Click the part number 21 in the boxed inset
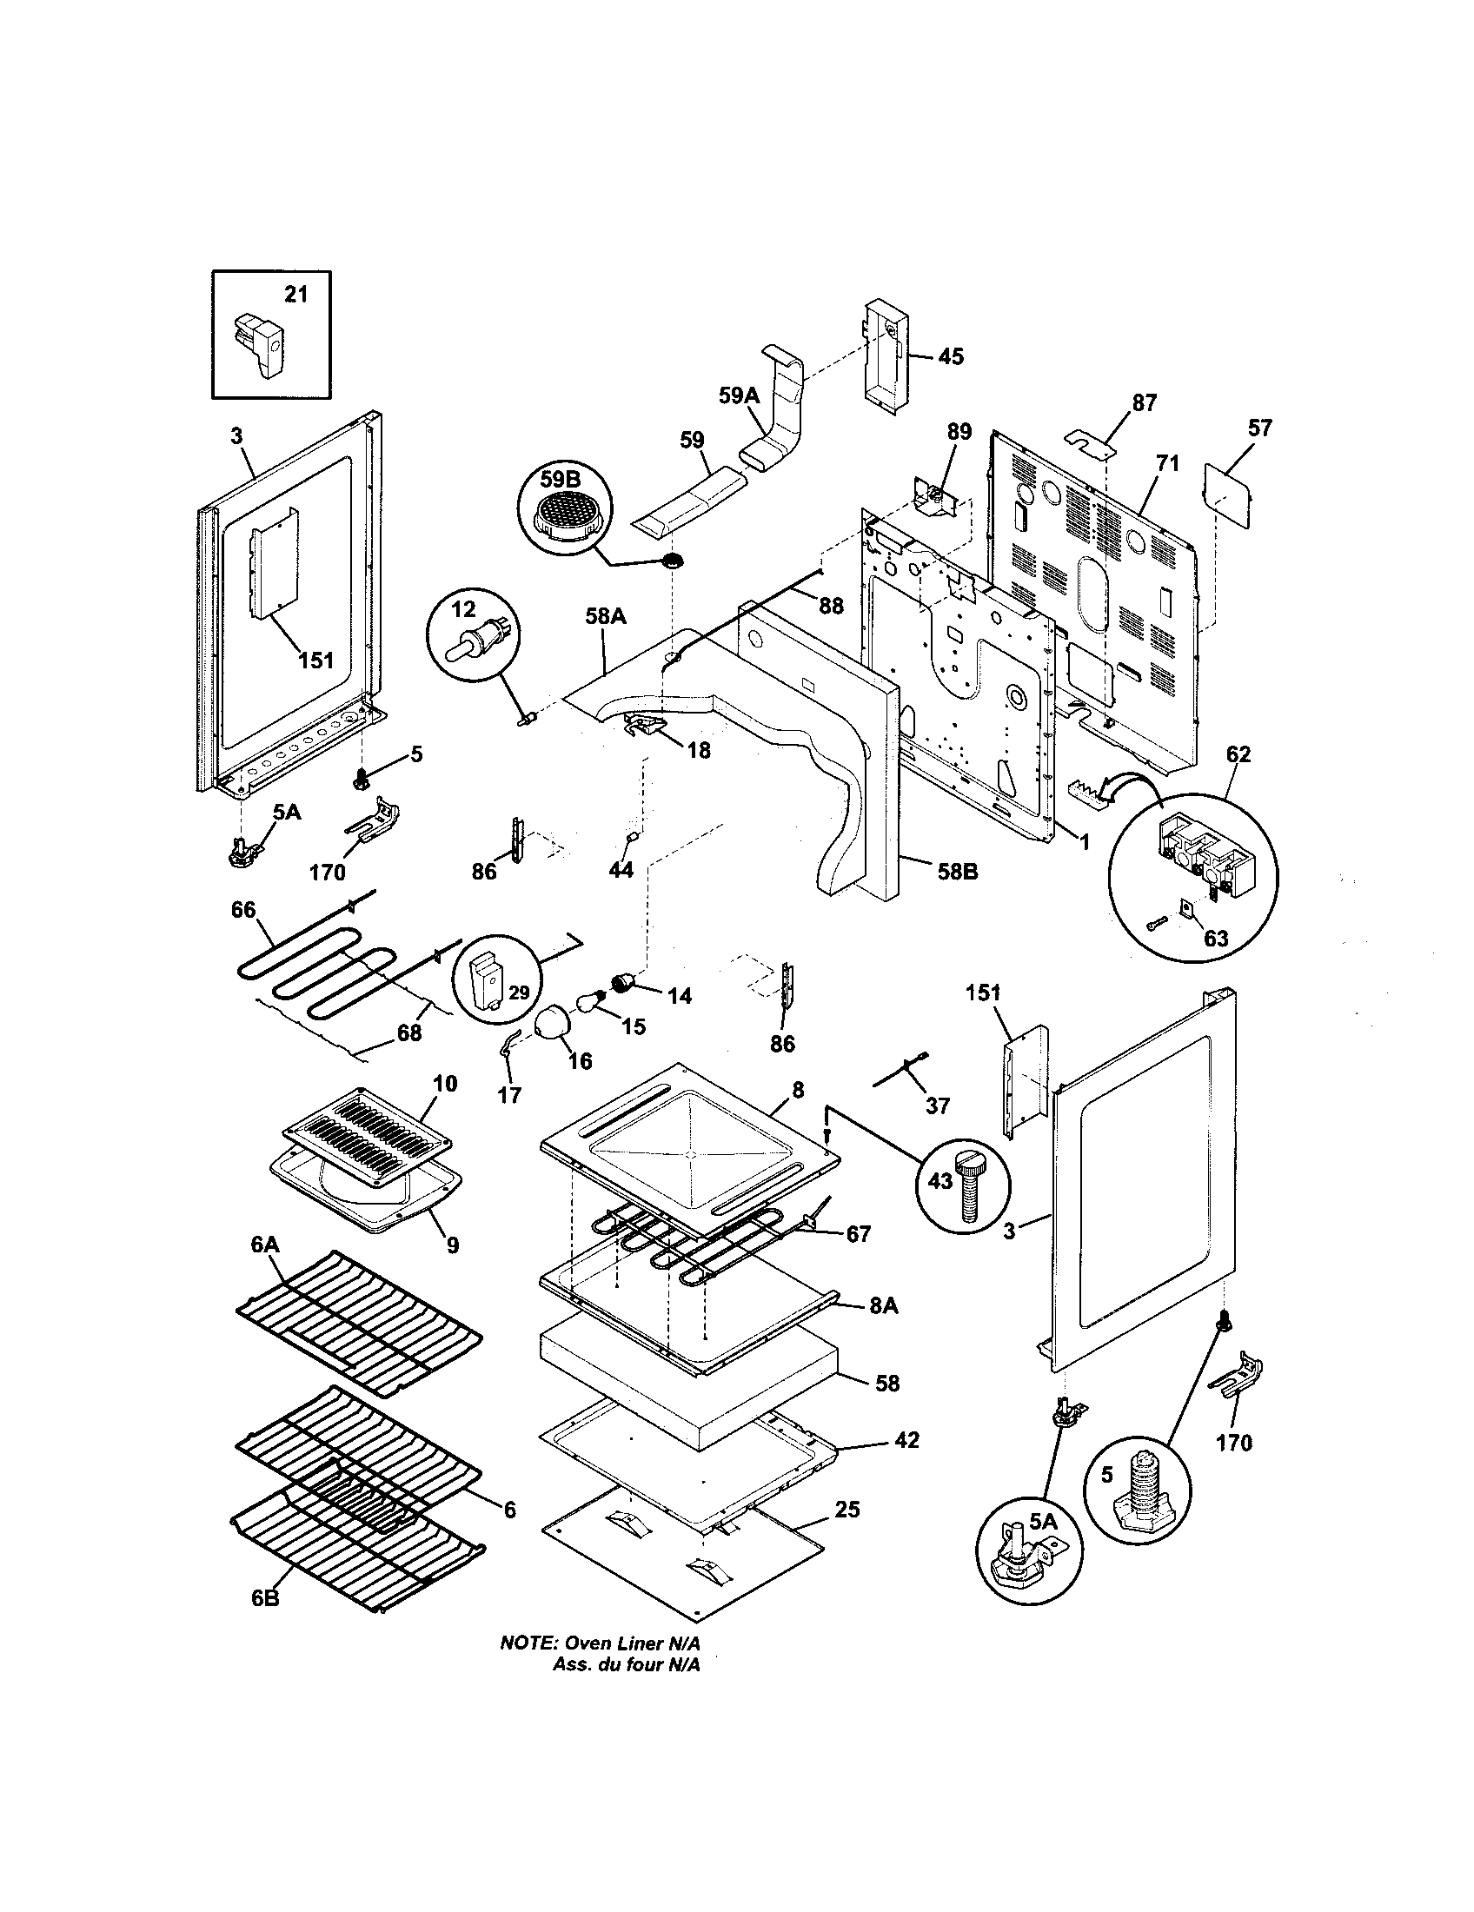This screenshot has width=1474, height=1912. tap(296, 294)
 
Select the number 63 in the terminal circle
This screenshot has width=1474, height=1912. tap(1216, 939)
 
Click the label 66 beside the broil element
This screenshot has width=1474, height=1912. tap(243, 910)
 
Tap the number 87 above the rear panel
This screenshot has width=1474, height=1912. tap(1144, 402)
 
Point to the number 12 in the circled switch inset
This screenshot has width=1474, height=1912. tap(463, 608)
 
